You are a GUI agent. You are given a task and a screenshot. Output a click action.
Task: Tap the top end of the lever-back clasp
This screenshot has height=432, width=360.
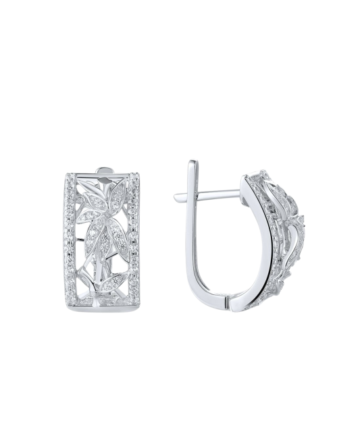click(x=192, y=164)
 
